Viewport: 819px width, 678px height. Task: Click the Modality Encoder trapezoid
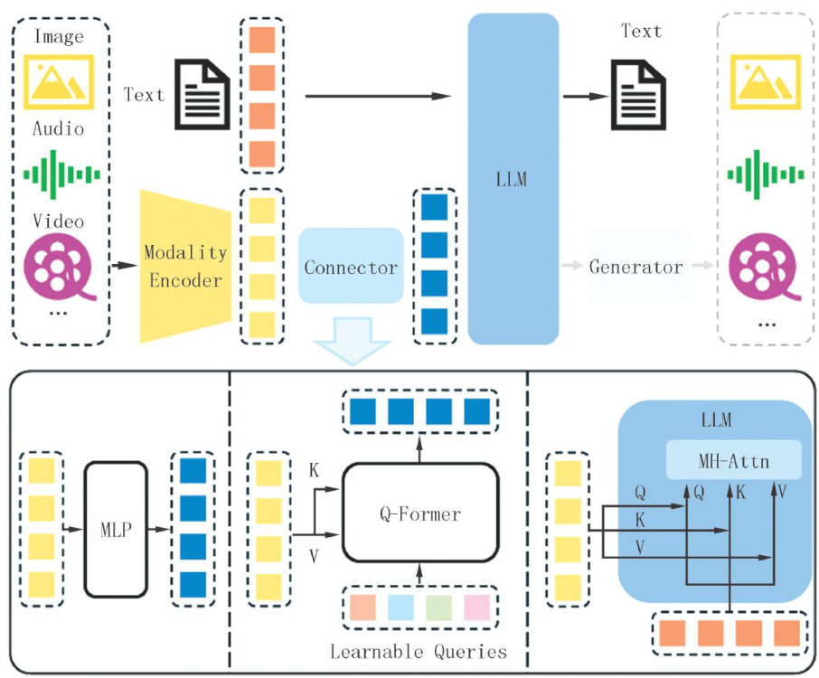pos(185,266)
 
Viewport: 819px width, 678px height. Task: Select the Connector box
pos(351,267)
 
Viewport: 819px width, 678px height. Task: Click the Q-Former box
pos(419,514)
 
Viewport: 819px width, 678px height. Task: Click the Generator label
pos(635,267)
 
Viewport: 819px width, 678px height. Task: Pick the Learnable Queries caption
pos(419,651)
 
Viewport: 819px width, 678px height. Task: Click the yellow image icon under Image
pos(59,82)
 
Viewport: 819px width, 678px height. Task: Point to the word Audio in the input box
pos(59,129)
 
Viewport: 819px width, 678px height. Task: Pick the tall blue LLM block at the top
pos(513,179)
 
